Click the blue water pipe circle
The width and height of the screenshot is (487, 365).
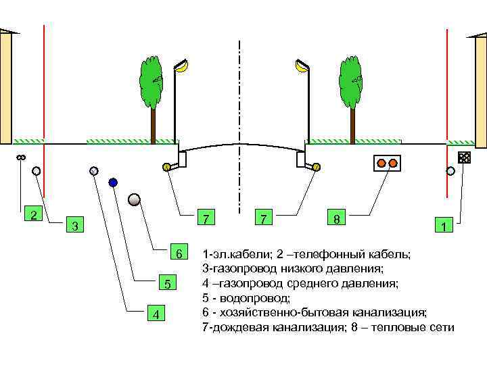click(x=113, y=182)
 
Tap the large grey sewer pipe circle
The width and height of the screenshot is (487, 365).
click(x=134, y=199)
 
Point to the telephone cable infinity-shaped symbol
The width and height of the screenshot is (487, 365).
click(x=20, y=157)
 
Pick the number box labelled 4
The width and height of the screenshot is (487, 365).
click(x=156, y=314)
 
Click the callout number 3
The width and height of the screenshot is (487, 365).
click(x=76, y=224)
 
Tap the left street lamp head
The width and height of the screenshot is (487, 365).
click(x=182, y=66)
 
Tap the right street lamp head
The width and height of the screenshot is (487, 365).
click(x=301, y=66)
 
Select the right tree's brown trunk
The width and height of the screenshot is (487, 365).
click(x=352, y=125)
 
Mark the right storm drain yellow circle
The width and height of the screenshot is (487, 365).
click(x=316, y=166)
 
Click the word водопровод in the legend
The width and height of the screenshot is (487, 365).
click(x=251, y=297)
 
